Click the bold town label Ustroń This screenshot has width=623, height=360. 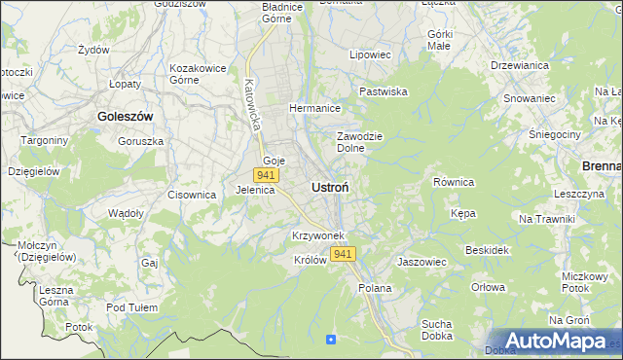click(x=331, y=186)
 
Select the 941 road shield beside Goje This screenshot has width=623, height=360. click(x=266, y=175)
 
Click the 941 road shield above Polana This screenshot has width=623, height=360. click(x=343, y=254)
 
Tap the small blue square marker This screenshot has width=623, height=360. click(x=331, y=340)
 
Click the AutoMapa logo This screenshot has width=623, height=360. click(x=554, y=342)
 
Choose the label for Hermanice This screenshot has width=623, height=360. click(x=313, y=108)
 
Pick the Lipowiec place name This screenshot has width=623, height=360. click(x=370, y=55)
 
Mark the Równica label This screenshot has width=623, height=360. click(x=453, y=182)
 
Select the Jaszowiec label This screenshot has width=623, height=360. click(x=421, y=262)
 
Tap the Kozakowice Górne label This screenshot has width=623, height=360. click(x=198, y=74)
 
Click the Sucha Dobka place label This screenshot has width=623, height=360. click(x=441, y=330)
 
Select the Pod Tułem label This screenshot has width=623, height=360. click(x=132, y=307)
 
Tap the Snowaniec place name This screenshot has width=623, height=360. click(x=529, y=98)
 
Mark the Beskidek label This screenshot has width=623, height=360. click(x=488, y=250)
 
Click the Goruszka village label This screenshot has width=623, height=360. click(x=140, y=140)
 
